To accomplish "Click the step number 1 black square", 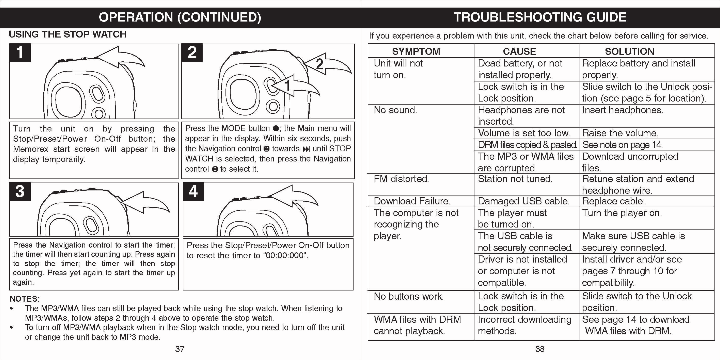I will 20,53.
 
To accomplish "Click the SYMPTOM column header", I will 416,51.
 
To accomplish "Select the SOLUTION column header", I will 629,51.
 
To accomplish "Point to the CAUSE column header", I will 519,51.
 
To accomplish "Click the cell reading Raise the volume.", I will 620,133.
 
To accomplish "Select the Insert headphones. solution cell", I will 622,110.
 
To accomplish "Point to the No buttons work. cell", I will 408,296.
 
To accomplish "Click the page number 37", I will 180,349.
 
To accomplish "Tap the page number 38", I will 540,349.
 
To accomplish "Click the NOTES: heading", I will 25,299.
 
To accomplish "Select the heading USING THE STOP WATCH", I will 68,34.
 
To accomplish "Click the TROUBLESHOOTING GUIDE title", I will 540,17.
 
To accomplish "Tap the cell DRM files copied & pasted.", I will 527,145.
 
